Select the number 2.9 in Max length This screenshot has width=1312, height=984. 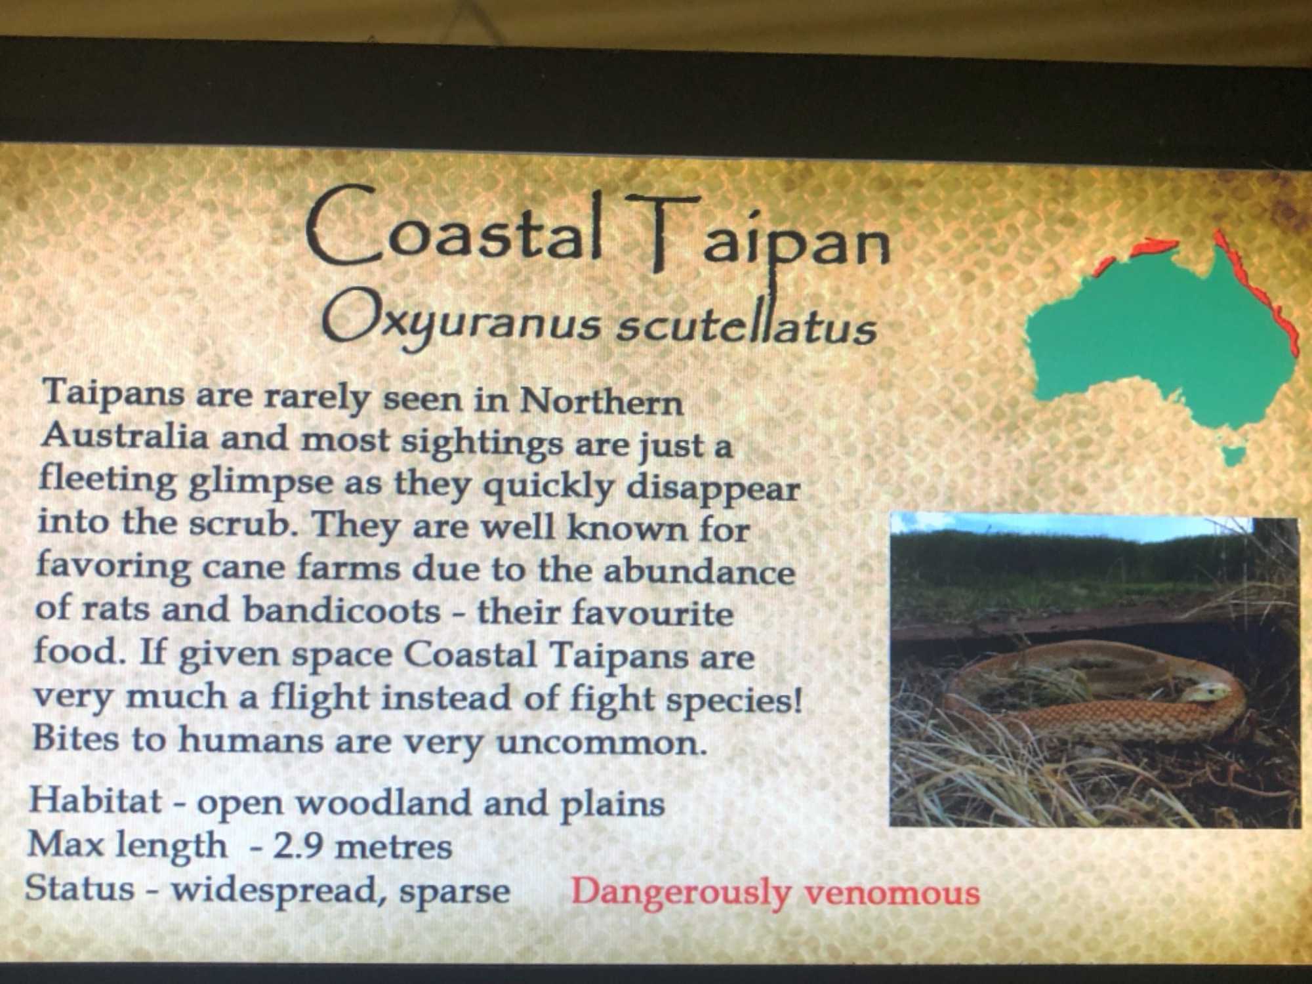pyautogui.click(x=297, y=846)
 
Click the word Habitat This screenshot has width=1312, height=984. pyautogui.click(x=96, y=800)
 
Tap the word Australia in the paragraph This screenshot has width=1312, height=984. pyautogui.click(x=124, y=436)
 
